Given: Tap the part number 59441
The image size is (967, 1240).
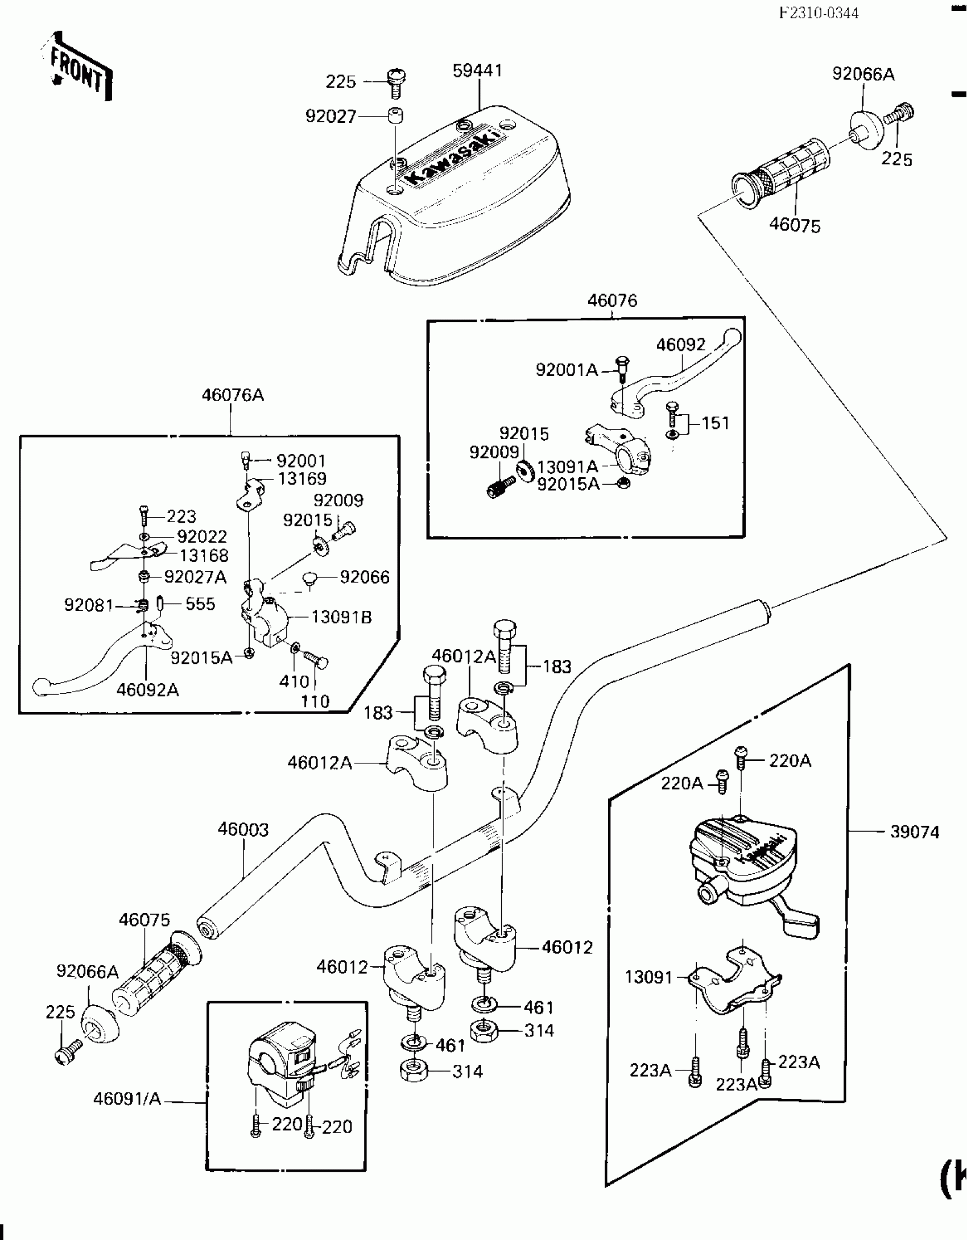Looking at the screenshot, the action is pyautogui.click(x=478, y=71).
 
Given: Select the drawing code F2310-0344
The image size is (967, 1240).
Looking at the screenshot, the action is pyautogui.click(x=819, y=13).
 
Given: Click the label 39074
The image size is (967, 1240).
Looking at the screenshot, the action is pyautogui.click(x=915, y=832).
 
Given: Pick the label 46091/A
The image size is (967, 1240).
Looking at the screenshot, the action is pyautogui.click(x=127, y=1099).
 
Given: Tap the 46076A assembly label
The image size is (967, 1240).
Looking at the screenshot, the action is pyautogui.click(x=233, y=395).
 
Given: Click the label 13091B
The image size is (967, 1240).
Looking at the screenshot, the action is pyautogui.click(x=341, y=617).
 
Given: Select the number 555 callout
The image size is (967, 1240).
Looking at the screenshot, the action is pyautogui.click(x=200, y=604).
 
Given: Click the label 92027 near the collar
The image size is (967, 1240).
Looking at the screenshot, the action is pyautogui.click(x=331, y=116).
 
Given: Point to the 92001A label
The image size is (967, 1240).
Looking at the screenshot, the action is pyautogui.click(x=567, y=370).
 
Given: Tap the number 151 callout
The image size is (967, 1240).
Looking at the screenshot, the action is pyautogui.click(x=715, y=423).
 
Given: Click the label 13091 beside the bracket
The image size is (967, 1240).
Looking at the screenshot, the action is pyautogui.click(x=649, y=977).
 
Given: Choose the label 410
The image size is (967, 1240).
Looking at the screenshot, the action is pyautogui.click(x=294, y=681).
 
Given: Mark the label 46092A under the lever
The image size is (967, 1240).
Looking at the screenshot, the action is pyautogui.click(x=148, y=690).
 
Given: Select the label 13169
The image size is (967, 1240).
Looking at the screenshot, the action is pyautogui.click(x=302, y=478).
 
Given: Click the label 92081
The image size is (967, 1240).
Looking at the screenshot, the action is pyautogui.click(x=89, y=605).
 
